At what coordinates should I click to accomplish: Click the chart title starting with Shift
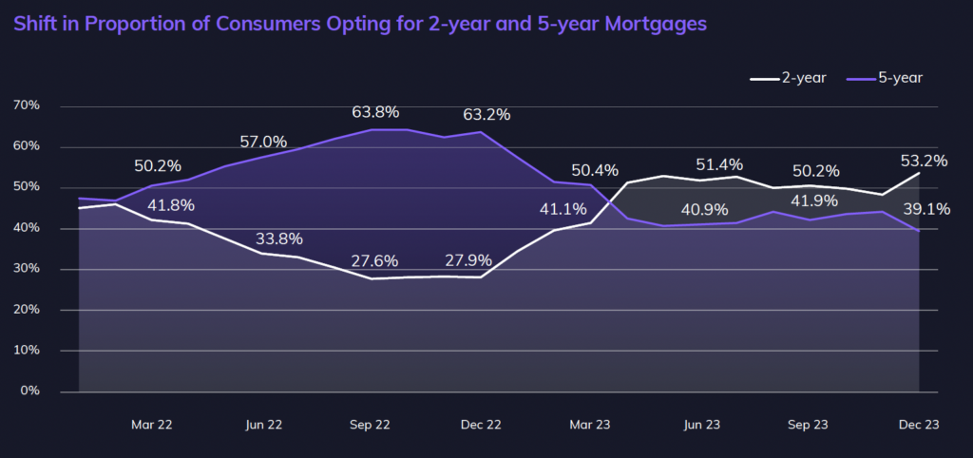pyautogui.click(x=360, y=24)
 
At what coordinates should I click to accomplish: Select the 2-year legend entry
pyautogui.click(x=788, y=78)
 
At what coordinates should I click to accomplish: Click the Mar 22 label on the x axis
pyautogui.click(x=152, y=426)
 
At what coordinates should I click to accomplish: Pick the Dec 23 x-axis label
pyautogui.click(x=917, y=426)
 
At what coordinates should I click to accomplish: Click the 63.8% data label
pyautogui.click(x=375, y=111)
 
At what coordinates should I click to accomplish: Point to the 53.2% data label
pyautogui.click(x=924, y=162)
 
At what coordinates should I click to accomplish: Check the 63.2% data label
pyautogui.click(x=486, y=115)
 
